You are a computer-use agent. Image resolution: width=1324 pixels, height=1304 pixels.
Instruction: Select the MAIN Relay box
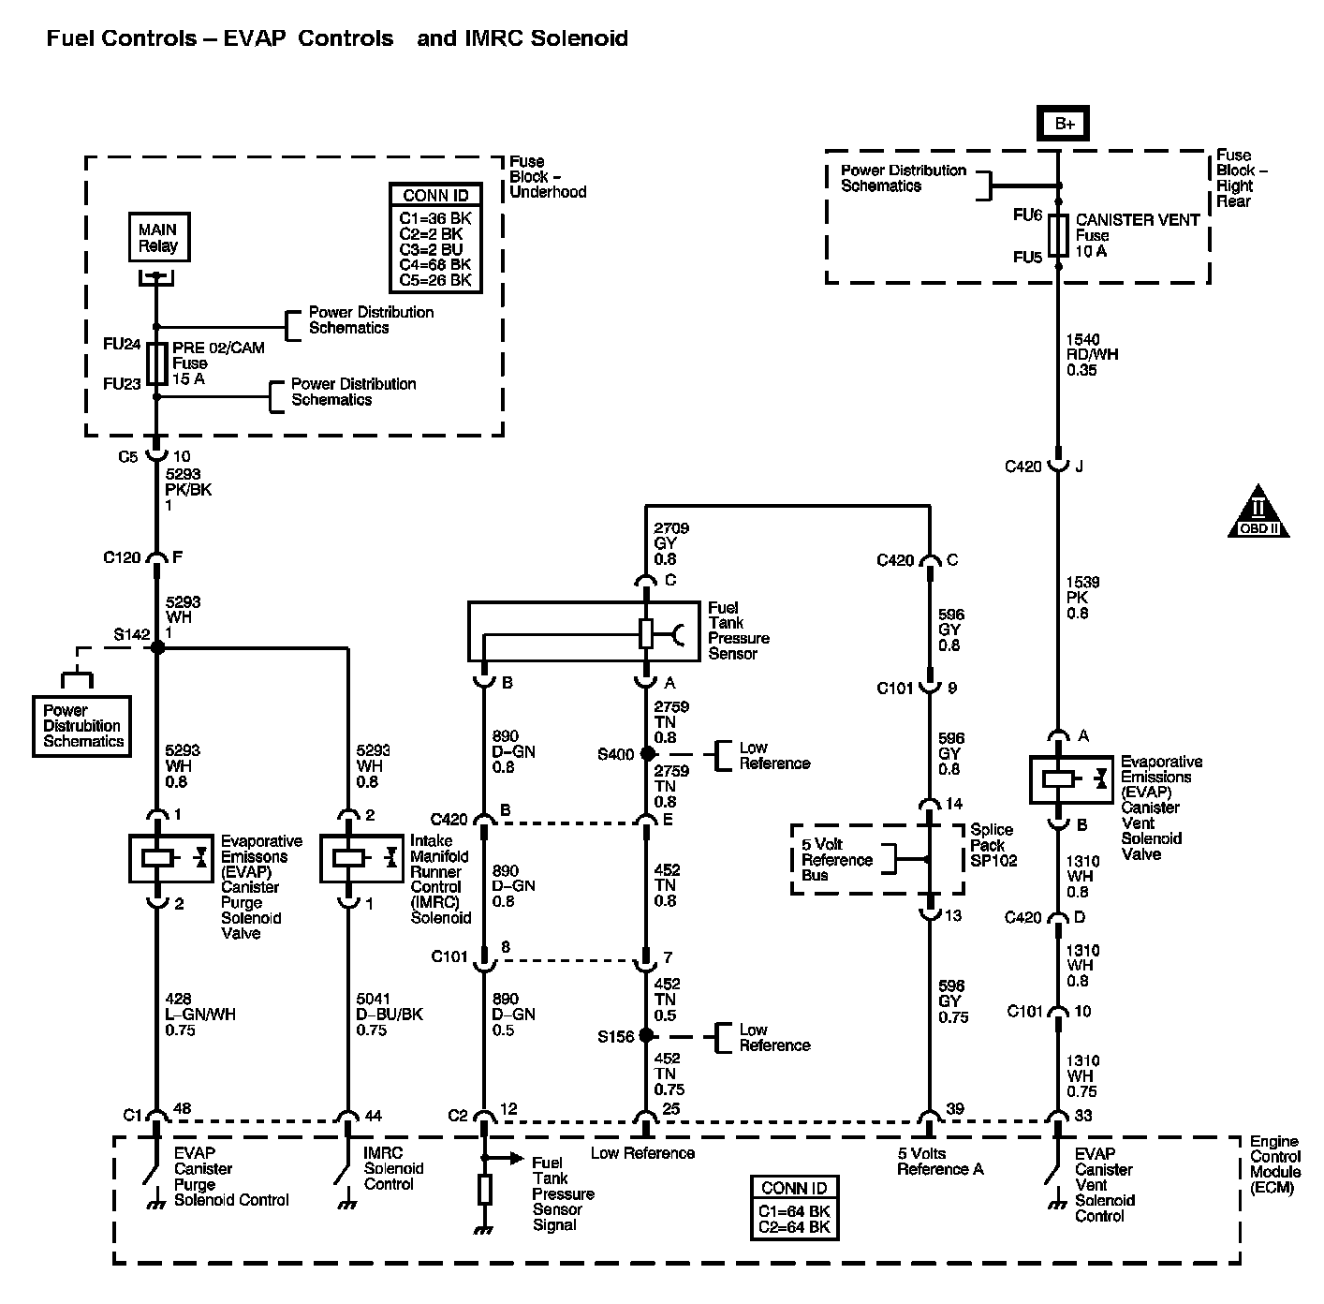point(157,238)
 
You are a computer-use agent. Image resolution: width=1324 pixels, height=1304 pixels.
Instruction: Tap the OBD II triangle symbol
point(1258,511)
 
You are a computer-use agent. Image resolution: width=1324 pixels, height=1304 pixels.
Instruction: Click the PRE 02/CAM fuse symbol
point(157,363)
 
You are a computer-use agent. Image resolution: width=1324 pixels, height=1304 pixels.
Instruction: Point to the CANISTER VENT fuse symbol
point(1059,235)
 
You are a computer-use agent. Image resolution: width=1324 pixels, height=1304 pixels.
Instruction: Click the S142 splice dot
point(157,646)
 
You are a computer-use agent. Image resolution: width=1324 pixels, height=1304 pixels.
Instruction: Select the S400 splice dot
point(646,753)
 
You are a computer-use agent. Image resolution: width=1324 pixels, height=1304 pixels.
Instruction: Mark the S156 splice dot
point(646,1036)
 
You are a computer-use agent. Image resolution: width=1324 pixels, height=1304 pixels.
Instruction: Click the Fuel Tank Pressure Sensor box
point(596,632)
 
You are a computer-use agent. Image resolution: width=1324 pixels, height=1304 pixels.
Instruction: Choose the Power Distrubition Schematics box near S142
point(82,726)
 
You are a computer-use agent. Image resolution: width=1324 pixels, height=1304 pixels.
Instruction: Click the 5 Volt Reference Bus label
point(836,859)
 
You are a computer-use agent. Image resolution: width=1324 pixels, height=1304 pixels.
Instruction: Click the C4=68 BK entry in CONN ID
point(435,264)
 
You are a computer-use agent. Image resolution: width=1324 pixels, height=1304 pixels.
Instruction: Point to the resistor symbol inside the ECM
point(485,1190)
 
